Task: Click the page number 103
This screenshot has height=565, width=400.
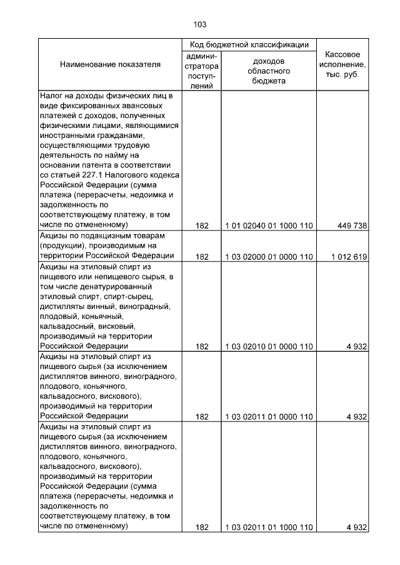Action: click(200, 25)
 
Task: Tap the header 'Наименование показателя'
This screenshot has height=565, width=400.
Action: click(110, 64)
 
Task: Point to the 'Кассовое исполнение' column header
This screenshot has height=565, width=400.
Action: click(342, 64)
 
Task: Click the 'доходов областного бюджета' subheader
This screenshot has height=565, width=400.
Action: click(269, 71)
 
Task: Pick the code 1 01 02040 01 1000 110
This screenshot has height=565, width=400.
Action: click(269, 225)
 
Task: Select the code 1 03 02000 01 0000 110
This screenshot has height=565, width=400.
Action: click(269, 257)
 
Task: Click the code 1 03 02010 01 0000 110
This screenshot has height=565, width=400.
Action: click(269, 346)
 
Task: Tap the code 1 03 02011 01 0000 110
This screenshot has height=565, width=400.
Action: click(269, 416)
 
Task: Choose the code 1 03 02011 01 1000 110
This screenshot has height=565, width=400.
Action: click(269, 528)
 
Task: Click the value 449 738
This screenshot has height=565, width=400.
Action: click(351, 225)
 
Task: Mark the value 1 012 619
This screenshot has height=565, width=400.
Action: click(346, 257)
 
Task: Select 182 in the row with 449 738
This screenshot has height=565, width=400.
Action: click(201, 225)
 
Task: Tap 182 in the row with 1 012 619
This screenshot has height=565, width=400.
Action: click(201, 257)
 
